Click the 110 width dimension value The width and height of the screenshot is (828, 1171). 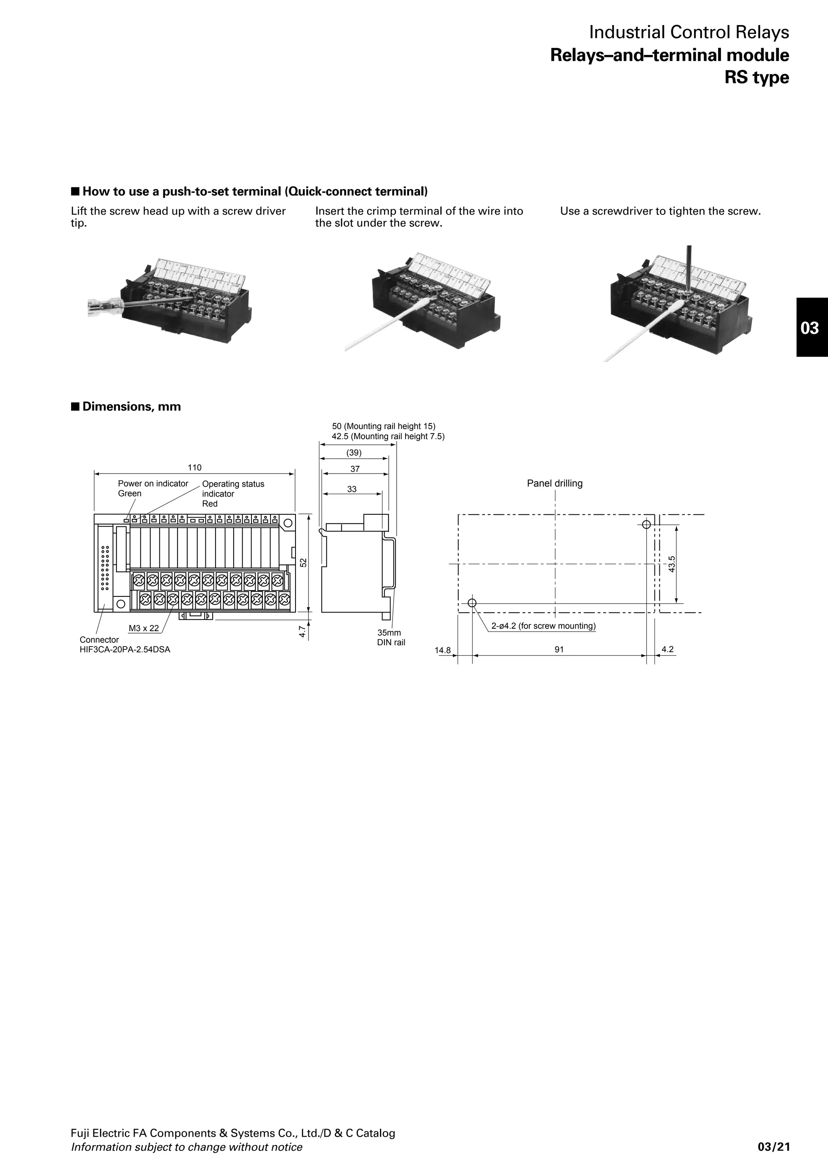tap(194, 468)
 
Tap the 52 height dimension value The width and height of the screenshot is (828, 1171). tap(303, 562)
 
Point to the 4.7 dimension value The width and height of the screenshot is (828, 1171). tap(302, 632)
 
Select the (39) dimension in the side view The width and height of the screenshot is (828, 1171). tap(354, 453)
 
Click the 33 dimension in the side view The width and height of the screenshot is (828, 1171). tap(352, 489)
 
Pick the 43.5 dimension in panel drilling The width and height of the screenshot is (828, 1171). tap(672, 564)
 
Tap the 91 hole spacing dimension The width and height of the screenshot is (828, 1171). tap(559, 650)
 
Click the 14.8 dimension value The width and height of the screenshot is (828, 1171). tap(443, 650)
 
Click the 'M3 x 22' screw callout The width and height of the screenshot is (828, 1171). tap(144, 628)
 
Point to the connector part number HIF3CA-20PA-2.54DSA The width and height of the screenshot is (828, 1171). tap(125, 650)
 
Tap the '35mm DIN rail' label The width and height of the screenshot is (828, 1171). tap(391, 638)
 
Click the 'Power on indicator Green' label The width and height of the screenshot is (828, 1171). tap(152, 488)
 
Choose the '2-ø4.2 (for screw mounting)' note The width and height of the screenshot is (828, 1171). tap(543, 626)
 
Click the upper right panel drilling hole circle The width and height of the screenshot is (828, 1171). tap(646, 524)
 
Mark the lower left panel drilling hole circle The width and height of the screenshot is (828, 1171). tap(472, 603)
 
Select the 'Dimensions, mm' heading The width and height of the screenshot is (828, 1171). tap(131, 406)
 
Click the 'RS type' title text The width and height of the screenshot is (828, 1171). tap(756, 78)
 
